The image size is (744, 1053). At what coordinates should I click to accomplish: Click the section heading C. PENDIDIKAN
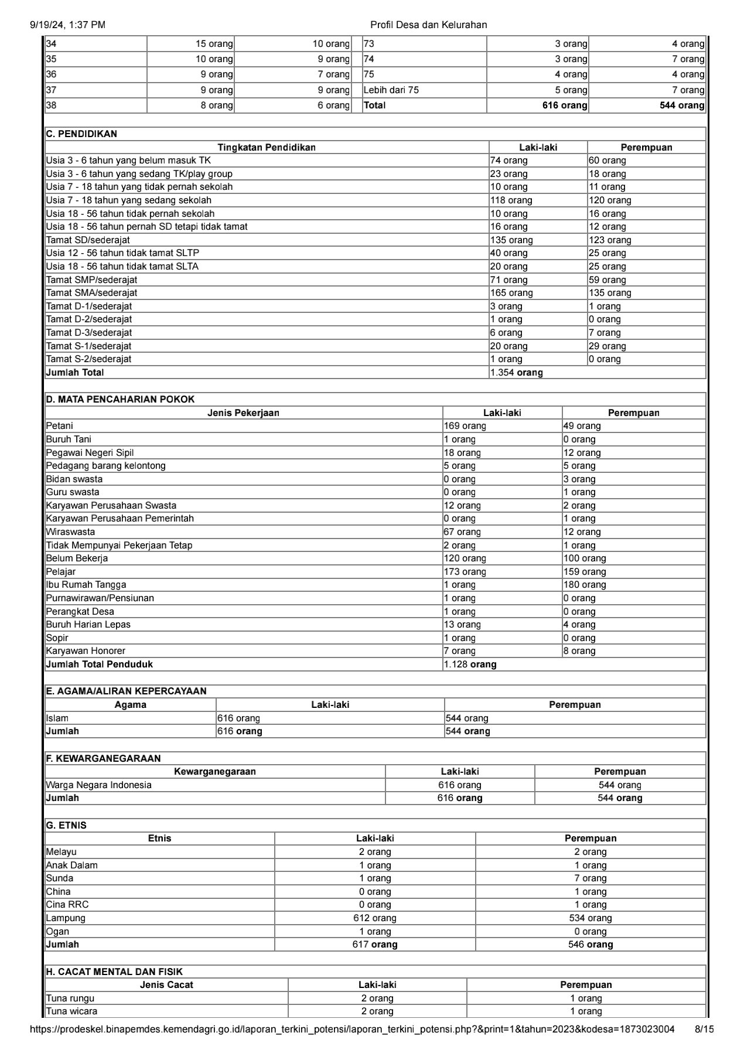[x=81, y=134]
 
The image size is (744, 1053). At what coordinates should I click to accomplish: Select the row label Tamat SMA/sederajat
[x=91, y=293]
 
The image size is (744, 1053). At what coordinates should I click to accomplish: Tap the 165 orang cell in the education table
[x=511, y=293]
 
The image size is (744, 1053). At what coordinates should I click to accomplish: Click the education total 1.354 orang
[x=516, y=373]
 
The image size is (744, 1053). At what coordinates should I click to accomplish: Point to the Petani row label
[x=60, y=426]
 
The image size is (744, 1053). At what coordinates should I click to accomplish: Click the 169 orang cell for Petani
[x=465, y=426]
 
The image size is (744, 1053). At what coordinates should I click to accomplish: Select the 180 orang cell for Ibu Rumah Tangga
[x=585, y=585]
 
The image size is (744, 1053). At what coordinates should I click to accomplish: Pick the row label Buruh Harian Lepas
[x=88, y=625]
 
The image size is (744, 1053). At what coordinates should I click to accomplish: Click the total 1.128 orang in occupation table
[x=470, y=664]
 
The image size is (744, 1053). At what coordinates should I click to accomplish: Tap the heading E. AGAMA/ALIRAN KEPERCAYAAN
[x=126, y=691]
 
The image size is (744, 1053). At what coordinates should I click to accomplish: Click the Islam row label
[x=57, y=718]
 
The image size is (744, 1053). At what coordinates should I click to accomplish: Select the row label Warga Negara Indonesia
[x=98, y=785]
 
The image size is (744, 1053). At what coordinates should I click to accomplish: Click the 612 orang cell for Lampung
[x=375, y=918]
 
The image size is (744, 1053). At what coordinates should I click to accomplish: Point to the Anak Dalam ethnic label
[x=72, y=865]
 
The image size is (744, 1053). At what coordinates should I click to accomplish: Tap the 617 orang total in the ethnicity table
[x=375, y=945]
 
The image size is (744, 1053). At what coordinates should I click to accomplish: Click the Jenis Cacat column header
[x=166, y=985]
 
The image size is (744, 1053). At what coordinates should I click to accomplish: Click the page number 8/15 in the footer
[x=704, y=1030]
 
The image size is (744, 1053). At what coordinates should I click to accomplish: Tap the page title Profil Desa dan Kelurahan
[x=428, y=25]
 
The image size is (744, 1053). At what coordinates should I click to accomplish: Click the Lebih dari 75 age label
[x=391, y=90]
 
